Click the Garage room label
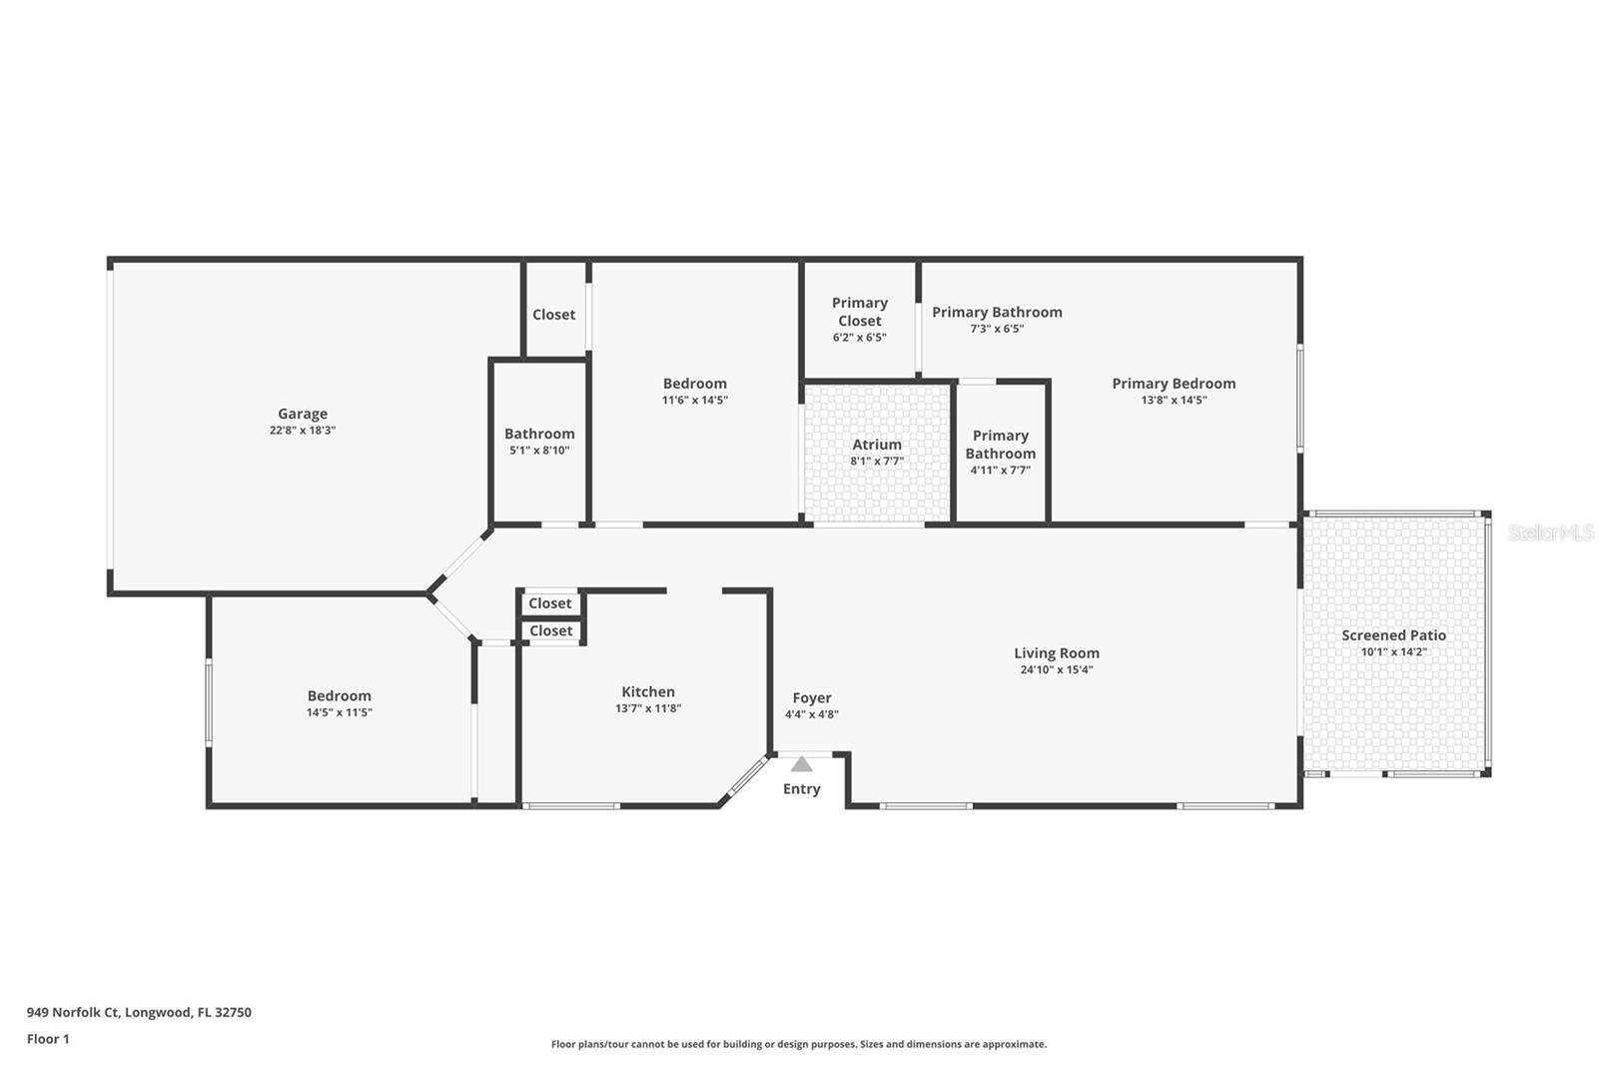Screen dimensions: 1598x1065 303,414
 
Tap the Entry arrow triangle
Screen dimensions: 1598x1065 802,764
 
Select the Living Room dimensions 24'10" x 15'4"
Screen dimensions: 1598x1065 1057,669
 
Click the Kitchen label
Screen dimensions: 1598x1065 648,691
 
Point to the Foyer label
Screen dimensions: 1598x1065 812,698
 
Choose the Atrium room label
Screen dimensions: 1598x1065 877,444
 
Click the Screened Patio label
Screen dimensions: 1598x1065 1394,635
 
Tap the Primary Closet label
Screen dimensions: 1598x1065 860,312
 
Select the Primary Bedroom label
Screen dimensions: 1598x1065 1174,384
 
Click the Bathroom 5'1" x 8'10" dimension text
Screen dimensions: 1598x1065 539,451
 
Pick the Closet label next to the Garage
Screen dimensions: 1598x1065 553,314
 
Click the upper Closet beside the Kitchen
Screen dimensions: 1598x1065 550,603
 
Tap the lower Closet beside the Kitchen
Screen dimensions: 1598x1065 550,631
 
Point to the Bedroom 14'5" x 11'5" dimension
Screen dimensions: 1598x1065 340,712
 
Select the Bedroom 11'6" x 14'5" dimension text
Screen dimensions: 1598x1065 695,401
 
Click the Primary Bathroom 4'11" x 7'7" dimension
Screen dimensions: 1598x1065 1000,471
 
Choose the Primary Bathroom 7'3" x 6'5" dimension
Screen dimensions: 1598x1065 997,329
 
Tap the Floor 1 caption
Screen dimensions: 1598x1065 48,1039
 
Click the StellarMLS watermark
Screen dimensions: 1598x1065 1551,532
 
